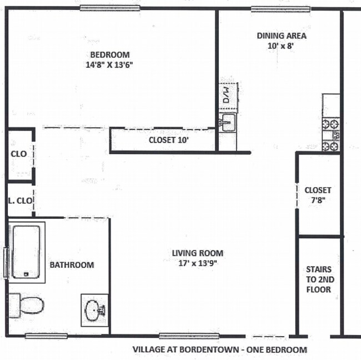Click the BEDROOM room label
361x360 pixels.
[x=110, y=55]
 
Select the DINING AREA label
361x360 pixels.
[x=282, y=36]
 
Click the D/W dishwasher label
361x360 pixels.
[x=227, y=92]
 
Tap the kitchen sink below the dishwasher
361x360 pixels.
[x=228, y=123]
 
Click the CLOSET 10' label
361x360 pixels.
[x=169, y=140]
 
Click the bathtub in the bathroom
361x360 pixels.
[x=26, y=251]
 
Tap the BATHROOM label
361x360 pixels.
[x=72, y=265]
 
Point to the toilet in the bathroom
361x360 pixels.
[x=28, y=304]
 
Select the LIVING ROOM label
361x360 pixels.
[x=197, y=253]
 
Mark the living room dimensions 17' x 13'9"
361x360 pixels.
[x=197, y=263]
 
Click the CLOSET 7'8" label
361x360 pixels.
[x=318, y=194]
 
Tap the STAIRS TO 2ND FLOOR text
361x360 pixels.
[x=319, y=279]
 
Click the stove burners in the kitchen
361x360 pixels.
[x=332, y=135]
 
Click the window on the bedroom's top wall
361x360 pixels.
[x=102, y=8]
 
